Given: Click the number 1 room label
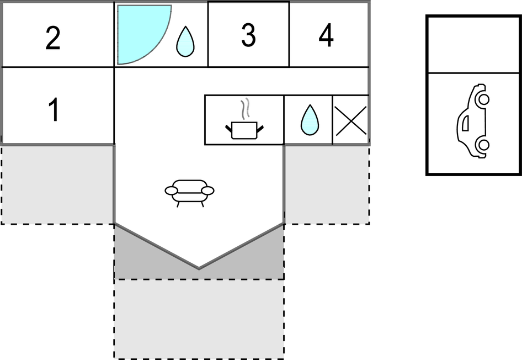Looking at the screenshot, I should point(54,110).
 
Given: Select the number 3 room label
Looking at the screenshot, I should point(248,36).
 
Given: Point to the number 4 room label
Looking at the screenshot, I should point(326,36).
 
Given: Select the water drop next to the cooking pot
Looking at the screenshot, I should point(310,120).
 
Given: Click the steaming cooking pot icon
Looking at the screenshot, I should point(244,128).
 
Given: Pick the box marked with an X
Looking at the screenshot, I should point(351,120).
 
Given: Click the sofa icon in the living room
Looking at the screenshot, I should point(189,191).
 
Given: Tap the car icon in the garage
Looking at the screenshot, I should point(473,121).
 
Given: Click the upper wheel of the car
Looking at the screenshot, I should point(483,100).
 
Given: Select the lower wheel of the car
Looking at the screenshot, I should point(483,145).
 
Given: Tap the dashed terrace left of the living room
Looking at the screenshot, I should point(57,184).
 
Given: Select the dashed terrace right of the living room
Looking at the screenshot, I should point(327,184).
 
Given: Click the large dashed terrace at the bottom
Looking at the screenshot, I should point(199,319).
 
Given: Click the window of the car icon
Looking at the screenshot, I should point(465,123).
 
